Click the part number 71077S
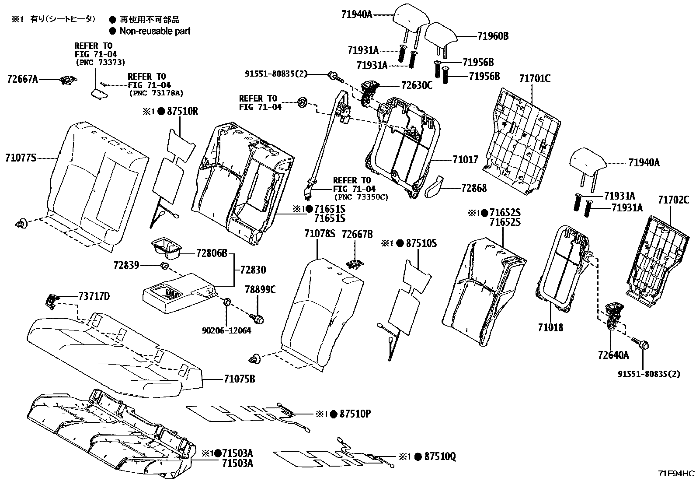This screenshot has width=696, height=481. (x=21, y=158)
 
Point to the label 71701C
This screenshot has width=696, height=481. (x=535, y=79)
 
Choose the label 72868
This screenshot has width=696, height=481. (x=474, y=188)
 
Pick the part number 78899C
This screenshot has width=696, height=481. (x=260, y=289)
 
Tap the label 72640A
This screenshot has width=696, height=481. (x=613, y=355)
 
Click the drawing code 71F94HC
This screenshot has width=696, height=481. (x=676, y=473)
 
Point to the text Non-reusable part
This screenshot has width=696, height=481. (x=155, y=31)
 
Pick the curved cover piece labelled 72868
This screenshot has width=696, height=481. (x=435, y=186)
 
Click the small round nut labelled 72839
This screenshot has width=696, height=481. (x=165, y=266)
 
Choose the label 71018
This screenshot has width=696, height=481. (x=550, y=327)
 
